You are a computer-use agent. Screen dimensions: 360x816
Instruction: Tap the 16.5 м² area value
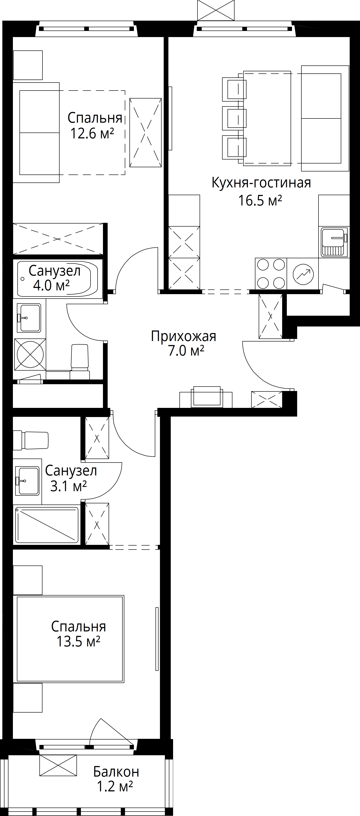(260, 201)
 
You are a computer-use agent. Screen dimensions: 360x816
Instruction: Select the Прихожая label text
(184, 336)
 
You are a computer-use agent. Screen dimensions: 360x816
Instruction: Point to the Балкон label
(116, 772)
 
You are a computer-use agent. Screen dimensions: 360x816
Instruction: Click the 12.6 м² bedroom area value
(92, 133)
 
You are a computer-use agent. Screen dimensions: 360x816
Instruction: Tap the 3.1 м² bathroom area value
(68, 486)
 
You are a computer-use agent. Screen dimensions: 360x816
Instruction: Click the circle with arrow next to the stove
(303, 274)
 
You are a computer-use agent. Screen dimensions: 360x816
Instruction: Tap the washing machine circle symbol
(30, 354)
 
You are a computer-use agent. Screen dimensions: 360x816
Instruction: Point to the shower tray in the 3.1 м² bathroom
(47, 525)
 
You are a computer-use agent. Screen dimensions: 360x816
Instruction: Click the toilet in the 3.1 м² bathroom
(31, 440)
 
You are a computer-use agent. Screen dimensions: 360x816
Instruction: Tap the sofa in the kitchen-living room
(325, 118)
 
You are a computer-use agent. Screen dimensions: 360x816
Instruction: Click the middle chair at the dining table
(234, 118)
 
